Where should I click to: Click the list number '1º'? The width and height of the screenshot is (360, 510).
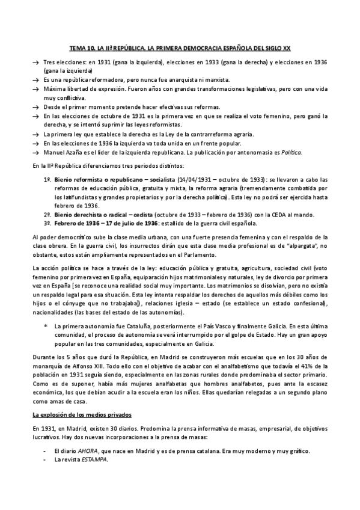click(46, 180)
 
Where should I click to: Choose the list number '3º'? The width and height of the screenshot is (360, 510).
click(46, 224)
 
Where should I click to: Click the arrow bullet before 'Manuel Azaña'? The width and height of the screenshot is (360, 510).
click(35, 153)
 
